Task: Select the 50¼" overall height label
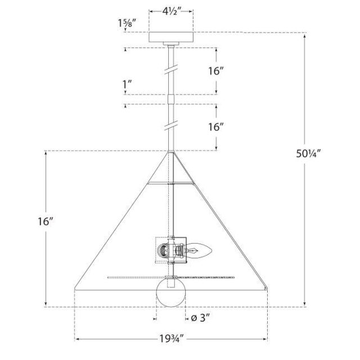(x=308, y=154)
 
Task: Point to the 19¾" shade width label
(x=172, y=339)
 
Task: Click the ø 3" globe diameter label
(x=200, y=318)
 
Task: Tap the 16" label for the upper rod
(x=216, y=71)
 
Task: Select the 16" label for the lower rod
(x=216, y=127)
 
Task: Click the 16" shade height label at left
(x=46, y=222)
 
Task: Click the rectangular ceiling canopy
(x=171, y=37)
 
